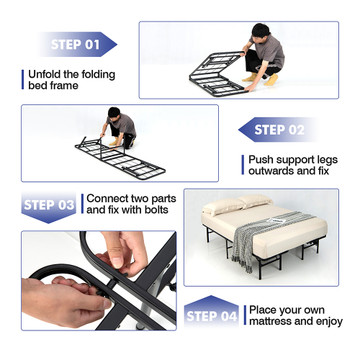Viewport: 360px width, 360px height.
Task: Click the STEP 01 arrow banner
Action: tap(78, 44)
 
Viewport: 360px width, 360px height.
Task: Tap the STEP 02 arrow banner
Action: tap(278, 130)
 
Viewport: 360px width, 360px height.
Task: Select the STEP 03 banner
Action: tap(49, 207)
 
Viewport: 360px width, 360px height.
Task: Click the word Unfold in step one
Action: tap(43, 74)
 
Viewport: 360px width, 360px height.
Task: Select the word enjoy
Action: tap(330, 322)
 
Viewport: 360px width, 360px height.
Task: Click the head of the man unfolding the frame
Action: tap(260, 31)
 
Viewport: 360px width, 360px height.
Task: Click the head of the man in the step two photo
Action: tap(114, 113)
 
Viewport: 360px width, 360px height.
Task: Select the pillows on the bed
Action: tap(237, 203)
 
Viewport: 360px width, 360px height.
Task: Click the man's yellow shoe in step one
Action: tap(271, 80)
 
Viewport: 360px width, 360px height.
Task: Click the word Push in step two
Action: tap(261, 160)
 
